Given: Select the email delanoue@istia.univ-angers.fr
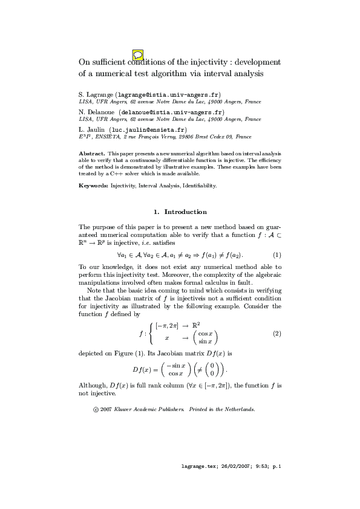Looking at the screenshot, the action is [172, 112].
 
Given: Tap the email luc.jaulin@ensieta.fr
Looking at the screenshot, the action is [148, 129].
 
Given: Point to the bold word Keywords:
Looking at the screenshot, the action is [94, 186].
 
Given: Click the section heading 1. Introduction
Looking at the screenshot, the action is [180, 212].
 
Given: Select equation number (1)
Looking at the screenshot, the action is [277, 254].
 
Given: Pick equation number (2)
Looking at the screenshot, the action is [277, 333].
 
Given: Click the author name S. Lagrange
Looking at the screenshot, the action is [95, 96].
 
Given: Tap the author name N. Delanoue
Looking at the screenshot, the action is [97, 112].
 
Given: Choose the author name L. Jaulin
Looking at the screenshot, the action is [92, 129].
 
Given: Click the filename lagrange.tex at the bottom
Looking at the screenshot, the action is [201, 467].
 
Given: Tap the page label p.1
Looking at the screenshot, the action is [277, 467].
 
